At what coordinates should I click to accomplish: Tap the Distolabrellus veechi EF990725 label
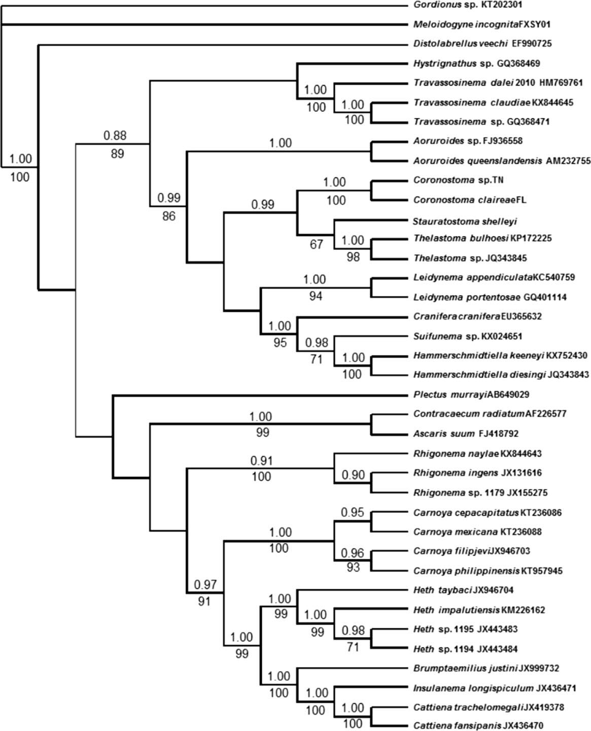pyautogui.click(x=482, y=44)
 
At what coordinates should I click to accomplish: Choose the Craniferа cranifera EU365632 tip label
pyautogui.click(x=477, y=316)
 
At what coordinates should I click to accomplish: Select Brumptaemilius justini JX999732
pyautogui.click(x=486, y=668)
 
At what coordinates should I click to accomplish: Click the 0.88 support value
pyautogui.click(x=115, y=136)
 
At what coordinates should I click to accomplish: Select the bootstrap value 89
pyautogui.click(x=117, y=154)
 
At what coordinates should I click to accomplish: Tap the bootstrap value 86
pyautogui.click(x=169, y=216)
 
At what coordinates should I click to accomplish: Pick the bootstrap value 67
pyautogui.click(x=316, y=245)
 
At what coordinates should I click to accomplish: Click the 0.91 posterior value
pyautogui.click(x=262, y=461)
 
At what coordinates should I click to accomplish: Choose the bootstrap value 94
pyautogui.click(x=316, y=296)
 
